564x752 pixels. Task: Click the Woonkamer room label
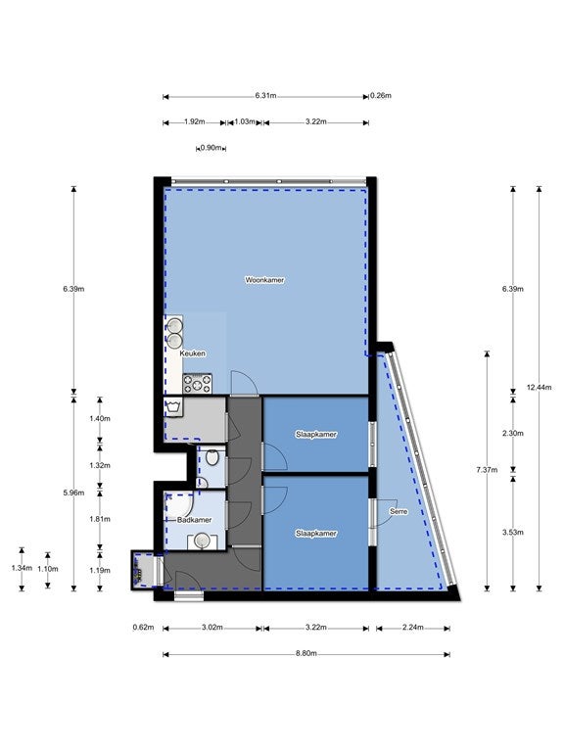(x=264, y=280)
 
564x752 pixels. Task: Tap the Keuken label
(x=192, y=353)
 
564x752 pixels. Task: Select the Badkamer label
(x=194, y=520)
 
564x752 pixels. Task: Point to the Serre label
(x=399, y=512)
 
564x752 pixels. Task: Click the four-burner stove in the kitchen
(x=198, y=384)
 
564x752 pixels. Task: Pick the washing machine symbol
(x=173, y=406)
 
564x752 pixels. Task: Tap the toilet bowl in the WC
(x=212, y=457)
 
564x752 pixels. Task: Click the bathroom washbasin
(x=203, y=541)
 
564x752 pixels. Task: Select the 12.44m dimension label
(x=540, y=388)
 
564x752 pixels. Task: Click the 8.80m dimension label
(x=306, y=654)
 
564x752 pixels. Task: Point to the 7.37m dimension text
(x=487, y=470)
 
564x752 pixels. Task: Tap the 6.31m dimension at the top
(x=265, y=95)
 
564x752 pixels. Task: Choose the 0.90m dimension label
(x=211, y=148)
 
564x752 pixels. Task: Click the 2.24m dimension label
(x=413, y=628)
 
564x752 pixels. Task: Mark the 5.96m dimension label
(x=73, y=493)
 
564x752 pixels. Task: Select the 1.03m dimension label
(x=245, y=121)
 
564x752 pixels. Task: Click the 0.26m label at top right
(x=381, y=95)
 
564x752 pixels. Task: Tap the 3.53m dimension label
(x=513, y=533)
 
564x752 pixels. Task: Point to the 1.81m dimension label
(x=100, y=519)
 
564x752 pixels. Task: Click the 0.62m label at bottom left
(x=143, y=628)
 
